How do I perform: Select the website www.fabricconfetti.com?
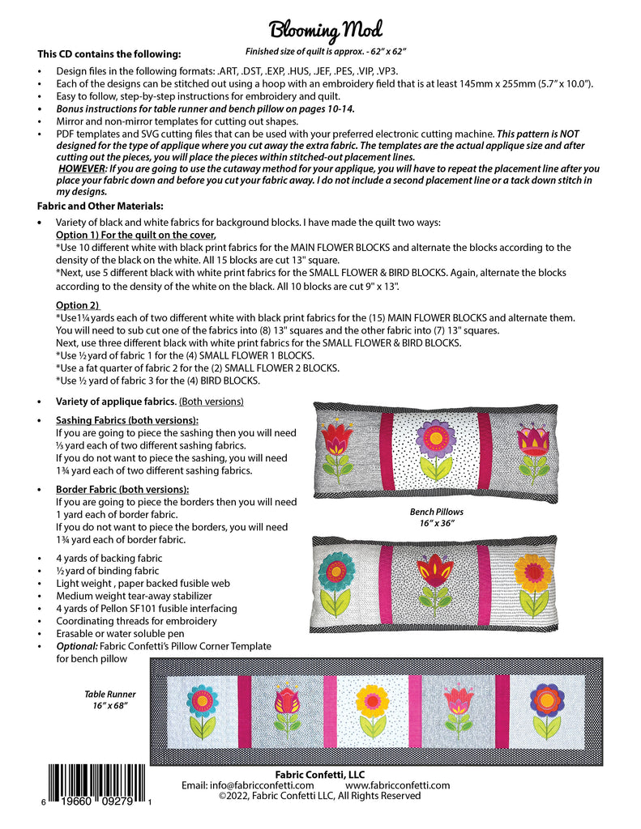pyautogui.click(x=397, y=785)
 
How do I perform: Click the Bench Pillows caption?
pyautogui.click(x=437, y=517)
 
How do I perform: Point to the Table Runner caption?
pyautogui.click(x=110, y=699)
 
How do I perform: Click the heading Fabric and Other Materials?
pyautogui.click(x=101, y=206)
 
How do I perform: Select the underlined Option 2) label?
pyautogui.click(x=77, y=304)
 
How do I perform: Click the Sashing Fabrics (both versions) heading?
pyautogui.click(x=127, y=421)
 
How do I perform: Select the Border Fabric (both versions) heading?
pyautogui.click(x=122, y=490)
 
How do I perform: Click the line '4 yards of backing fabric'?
pyautogui.click(x=109, y=558)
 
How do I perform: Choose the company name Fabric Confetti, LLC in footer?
pyautogui.click(x=320, y=774)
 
